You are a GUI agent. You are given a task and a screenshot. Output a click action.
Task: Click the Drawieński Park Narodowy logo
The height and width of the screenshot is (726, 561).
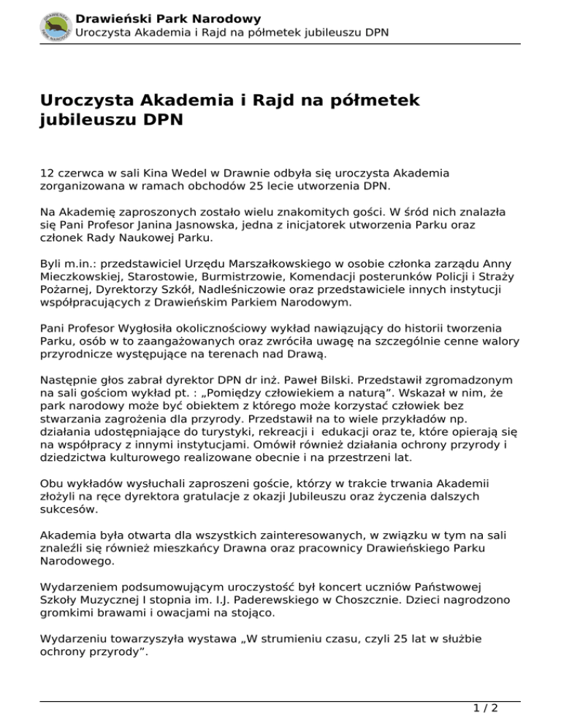click(x=55, y=25)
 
